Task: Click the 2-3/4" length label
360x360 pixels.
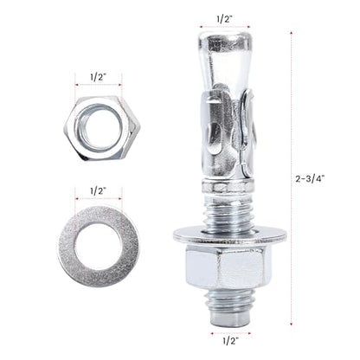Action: tap(310, 179)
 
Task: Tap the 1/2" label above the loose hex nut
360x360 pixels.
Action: tap(99, 78)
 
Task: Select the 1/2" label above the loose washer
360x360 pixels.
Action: tap(99, 191)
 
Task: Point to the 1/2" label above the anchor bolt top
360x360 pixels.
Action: tap(225, 19)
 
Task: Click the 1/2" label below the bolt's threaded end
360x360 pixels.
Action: tap(231, 341)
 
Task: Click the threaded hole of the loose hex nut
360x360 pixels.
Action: tap(95, 127)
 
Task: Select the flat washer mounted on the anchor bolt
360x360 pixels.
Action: tap(230, 235)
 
